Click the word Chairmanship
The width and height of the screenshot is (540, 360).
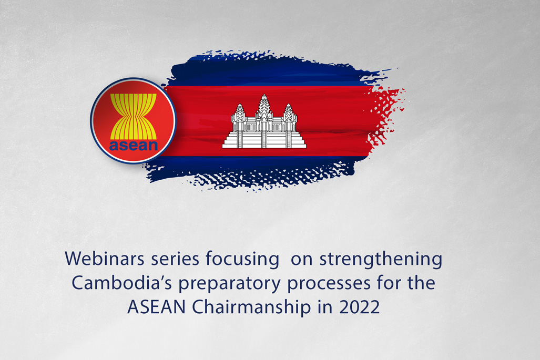click(x=251, y=307)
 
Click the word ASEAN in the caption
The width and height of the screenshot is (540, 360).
click(x=156, y=307)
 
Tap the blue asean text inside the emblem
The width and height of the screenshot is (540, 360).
click(x=133, y=146)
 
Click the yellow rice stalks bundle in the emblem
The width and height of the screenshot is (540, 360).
click(x=133, y=116)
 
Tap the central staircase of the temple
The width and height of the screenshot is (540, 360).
click(x=264, y=139)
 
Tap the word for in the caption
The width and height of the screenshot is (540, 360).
click(x=389, y=283)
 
